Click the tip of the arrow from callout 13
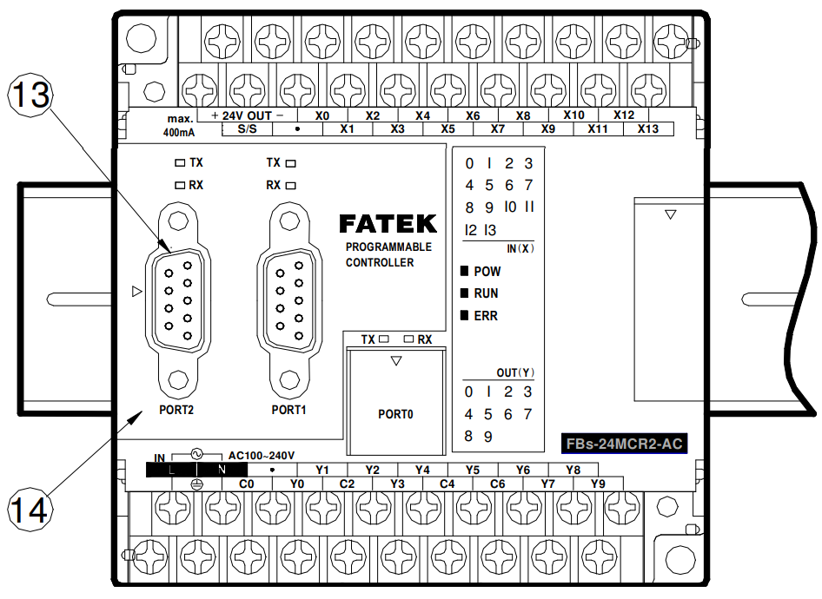pyautogui.click(x=170, y=250)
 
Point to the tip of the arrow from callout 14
pyautogui.click(x=143, y=411)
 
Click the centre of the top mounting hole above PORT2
pyautogui.click(x=178, y=221)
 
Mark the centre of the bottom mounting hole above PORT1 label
pyautogui.click(x=289, y=379)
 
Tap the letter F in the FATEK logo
pyautogui.click(x=348, y=224)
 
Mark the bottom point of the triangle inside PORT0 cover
pyautogui.click(x=396, y=365)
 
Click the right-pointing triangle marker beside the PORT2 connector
pyautogui.click(x=136, y=291)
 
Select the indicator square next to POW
pyautogui.click(x=464, y=271)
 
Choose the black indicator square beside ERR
pyautogui.click(x=464, y=315)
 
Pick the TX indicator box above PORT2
pyautogui.click(x=180, y=163)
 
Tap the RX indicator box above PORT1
pyautogui.click(x=290, y=186)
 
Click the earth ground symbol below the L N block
pyautogui.click(x=196, y=484)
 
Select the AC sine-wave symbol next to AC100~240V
pyautogui.click(x=197, y=453)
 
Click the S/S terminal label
pyautogui.click(x=247, y=128)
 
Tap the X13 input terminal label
pyautogui.click(x=648, y=128)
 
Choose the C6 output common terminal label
pyautogui.click(x=497, y=484)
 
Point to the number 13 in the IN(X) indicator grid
pyautogui.click(x=489, y=230)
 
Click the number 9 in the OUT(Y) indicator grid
pyautogui.click(x=488, y=437)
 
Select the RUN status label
pyautogui.click(x=486, y=293)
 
